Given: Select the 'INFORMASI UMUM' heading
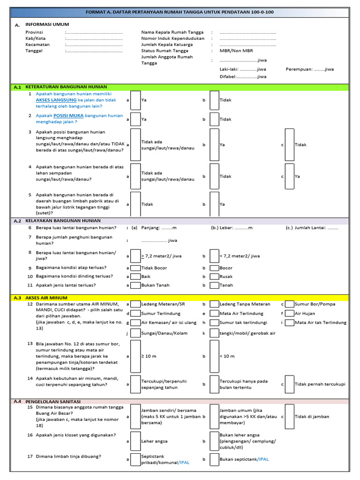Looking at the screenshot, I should click(47, 23).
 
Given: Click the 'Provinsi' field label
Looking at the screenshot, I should click(34, 32).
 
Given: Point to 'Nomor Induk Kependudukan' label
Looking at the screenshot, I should click(173, 38).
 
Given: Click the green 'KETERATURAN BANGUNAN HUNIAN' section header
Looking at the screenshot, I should click(66, 87).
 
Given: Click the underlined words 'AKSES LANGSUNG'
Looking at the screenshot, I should click(56, 100).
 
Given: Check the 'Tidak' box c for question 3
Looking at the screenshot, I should click(289, 145).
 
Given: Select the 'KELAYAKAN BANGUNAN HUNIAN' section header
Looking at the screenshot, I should click(63, 220).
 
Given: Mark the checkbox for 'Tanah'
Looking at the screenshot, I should click(214, 285).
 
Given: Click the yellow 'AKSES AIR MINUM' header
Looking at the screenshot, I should click(46, 298).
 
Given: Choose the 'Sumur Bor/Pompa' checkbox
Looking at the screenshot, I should click(289, 304).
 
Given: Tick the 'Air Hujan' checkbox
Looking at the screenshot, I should click(289, 313).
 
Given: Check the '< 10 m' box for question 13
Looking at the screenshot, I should click(214, 356).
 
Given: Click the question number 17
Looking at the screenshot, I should click(30, 456).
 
